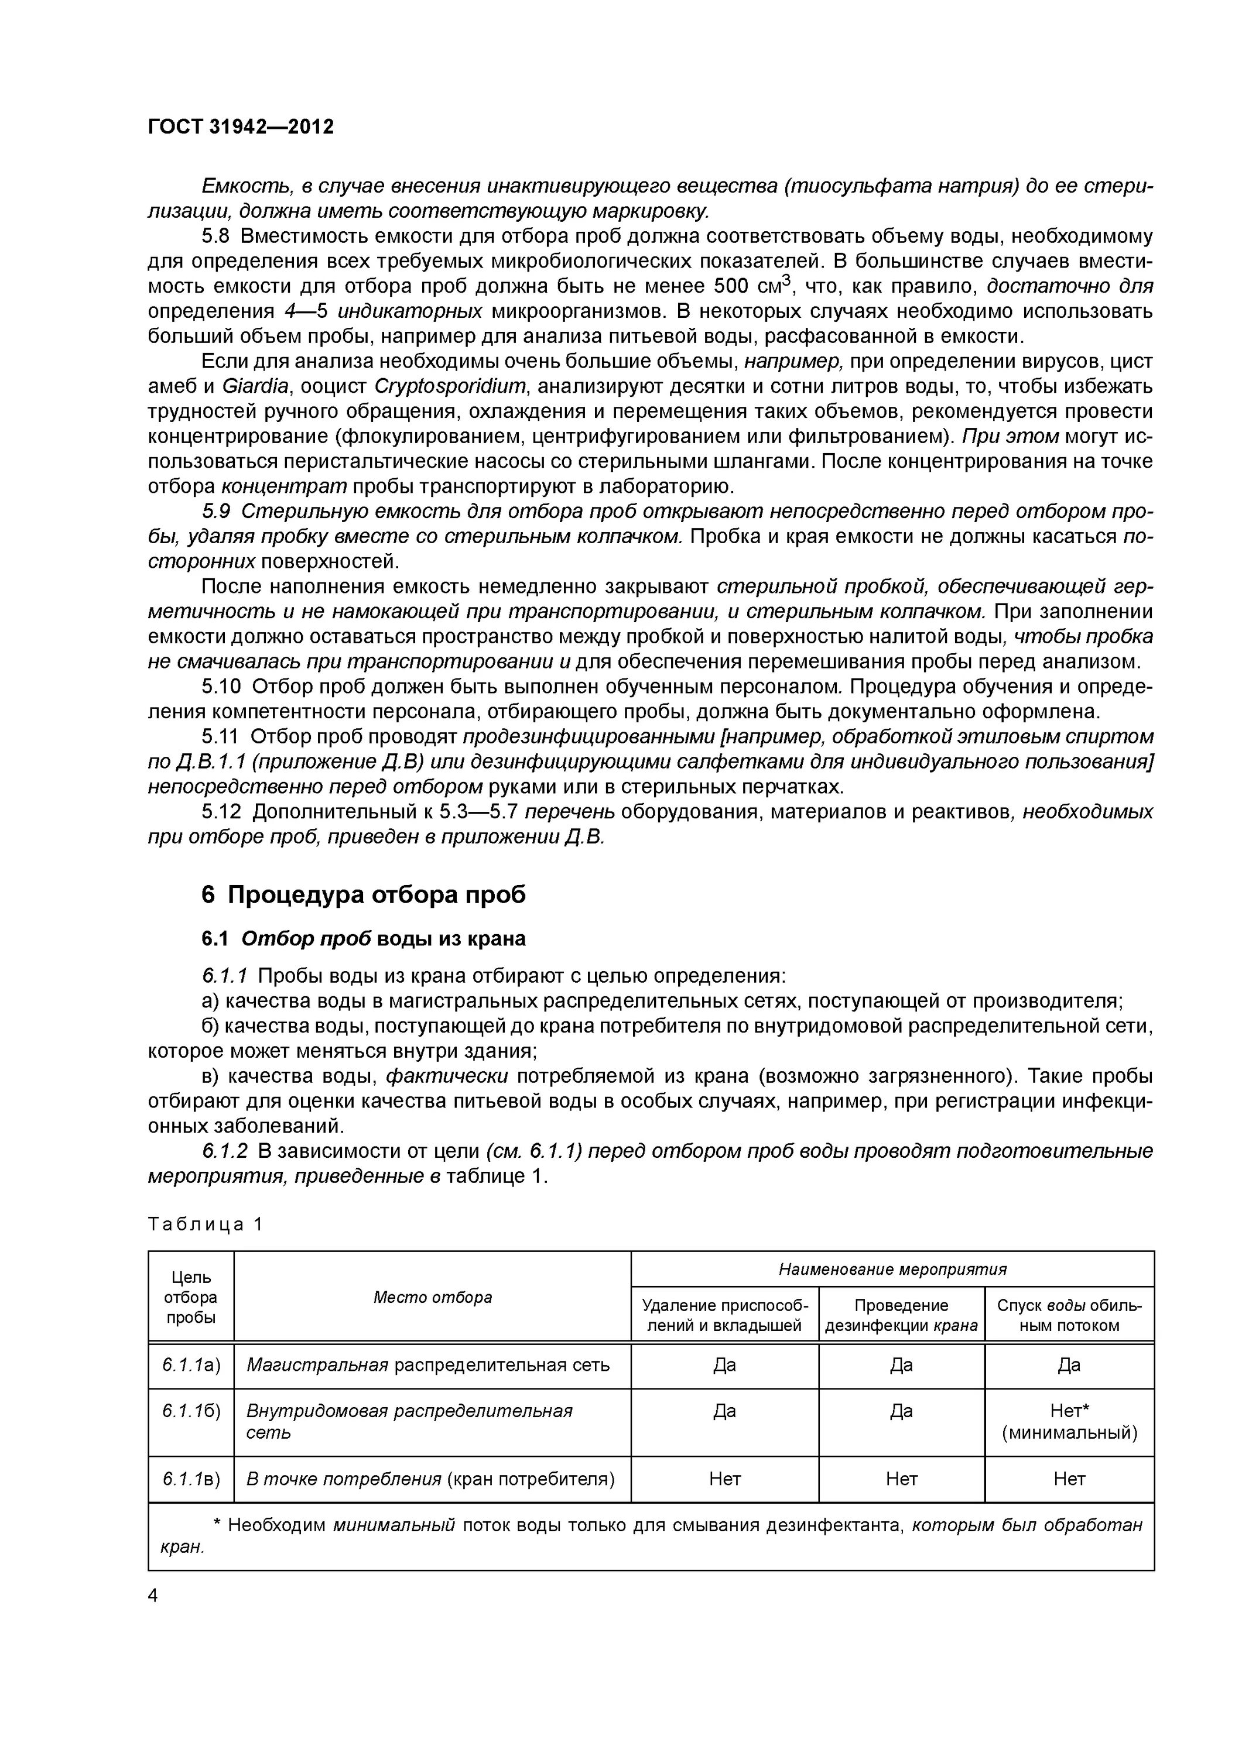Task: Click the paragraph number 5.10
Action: [x=222, y=686]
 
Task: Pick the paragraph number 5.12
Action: [x=222, y=811]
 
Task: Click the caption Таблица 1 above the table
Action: [x=205, y=1225]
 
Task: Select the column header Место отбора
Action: [x=432, y=1297]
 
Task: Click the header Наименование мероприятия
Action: [x=892, y=1270]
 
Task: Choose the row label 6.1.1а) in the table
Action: [x=191, y=1365]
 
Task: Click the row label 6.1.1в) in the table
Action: [x=191, y=1479]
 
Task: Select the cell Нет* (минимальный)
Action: [x=1069, y=1422]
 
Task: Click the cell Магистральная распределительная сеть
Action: [x=428, y=1365]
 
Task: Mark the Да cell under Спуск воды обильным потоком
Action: [x=1069, y=1365]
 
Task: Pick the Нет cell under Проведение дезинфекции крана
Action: [x=901, y=1479]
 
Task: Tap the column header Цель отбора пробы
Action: [x=190, y=1297]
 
